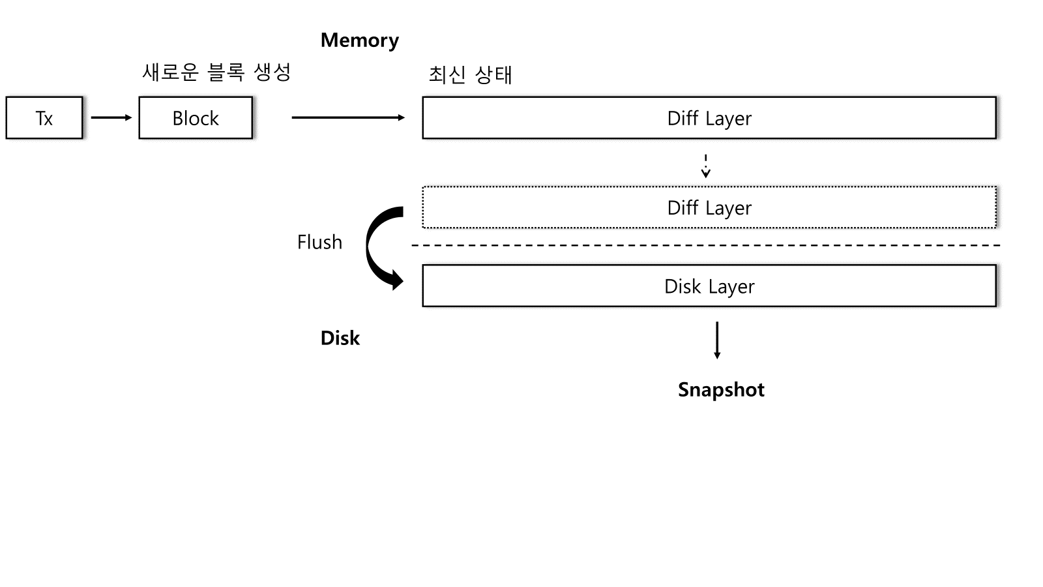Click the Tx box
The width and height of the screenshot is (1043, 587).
44,118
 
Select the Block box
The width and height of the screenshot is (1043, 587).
196,118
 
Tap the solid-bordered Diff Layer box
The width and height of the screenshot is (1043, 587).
709,118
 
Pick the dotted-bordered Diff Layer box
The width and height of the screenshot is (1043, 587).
709,207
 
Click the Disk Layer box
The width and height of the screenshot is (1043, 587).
709,286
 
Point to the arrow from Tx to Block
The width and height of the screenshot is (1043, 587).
111,117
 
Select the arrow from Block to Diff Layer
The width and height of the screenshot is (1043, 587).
348,117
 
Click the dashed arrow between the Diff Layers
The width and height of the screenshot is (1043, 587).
705,166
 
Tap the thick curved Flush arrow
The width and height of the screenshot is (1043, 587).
371,245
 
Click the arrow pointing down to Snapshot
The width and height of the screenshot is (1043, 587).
717,339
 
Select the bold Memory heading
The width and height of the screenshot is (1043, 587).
359,40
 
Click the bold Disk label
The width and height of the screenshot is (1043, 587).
340,338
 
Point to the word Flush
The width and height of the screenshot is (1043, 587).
319,242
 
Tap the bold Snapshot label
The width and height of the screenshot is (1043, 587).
721,389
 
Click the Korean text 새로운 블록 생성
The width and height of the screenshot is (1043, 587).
216,72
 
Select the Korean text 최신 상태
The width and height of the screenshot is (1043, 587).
470,74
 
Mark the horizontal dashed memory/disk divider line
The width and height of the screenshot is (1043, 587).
704,245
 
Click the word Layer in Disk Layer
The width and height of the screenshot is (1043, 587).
731,286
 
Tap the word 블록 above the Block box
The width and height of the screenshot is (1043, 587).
226,72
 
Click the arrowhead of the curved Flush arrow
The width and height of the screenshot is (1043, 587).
396,281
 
